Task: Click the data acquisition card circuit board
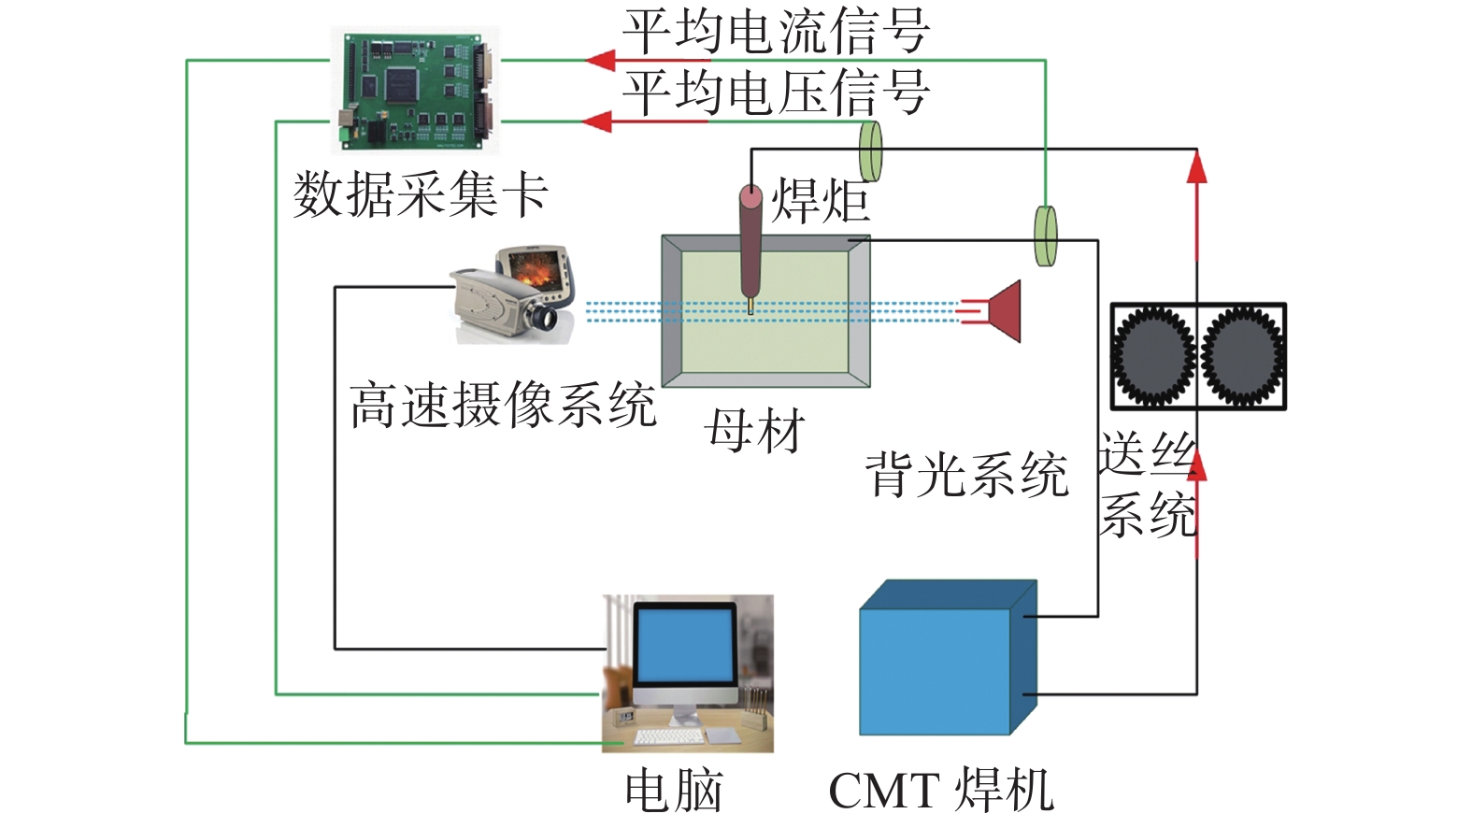[x=416, y=90]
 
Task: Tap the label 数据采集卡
[x=420, y=196]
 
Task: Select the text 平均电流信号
[x=776, y=32]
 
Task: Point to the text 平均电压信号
[x=776, y=93]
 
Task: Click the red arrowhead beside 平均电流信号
[x=600, y=61]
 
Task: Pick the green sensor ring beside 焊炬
[x=870, y=150]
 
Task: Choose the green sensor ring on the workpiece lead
[x=1045, y=236]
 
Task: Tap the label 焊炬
[x=820, y=201]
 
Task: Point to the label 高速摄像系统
[x=503, y=407]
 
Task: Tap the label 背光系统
[x=966, y=474]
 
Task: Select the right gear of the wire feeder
[x=1242, y=356]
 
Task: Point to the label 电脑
[x=674, y=792]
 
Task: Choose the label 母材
[x=754, y=432]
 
